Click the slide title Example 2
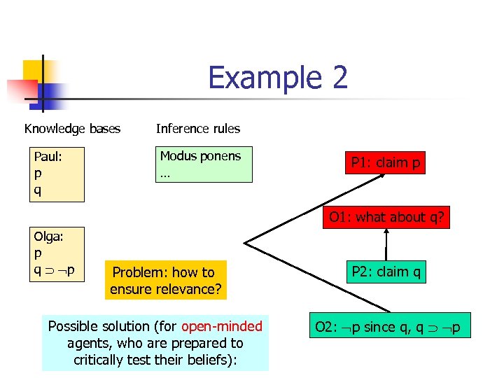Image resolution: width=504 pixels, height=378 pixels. (278, 78)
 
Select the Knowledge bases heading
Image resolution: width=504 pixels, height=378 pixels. (72, 129)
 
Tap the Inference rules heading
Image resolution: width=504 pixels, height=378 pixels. (197, 129)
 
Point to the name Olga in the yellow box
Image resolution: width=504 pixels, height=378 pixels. (48, 236)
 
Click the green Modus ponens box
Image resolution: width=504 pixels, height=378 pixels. (204, 164)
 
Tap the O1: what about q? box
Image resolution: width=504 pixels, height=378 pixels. (387, 217)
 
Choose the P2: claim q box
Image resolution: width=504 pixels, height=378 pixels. (386, 272)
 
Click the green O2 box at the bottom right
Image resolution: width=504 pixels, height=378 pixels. (387, 327)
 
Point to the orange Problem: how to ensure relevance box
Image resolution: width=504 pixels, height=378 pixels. (166, 280)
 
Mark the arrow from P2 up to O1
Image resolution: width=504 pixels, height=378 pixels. (386, 244)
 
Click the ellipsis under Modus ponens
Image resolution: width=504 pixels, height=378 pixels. (164, 174)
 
